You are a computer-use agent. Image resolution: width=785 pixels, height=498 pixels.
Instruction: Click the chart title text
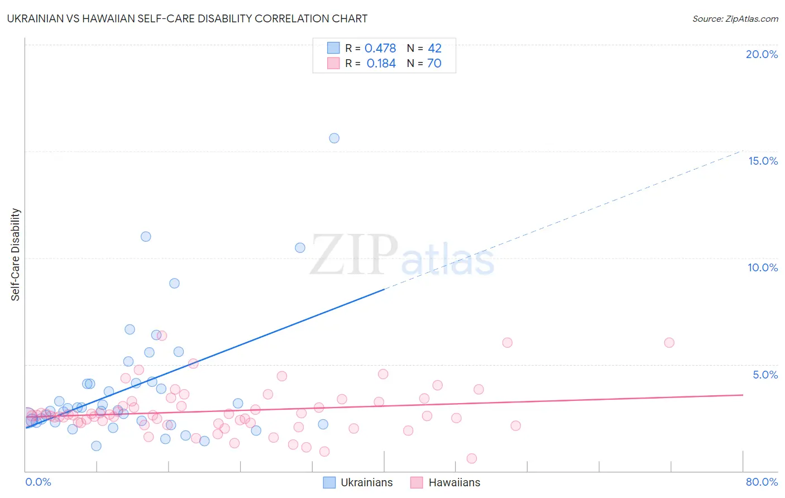pos(187,18)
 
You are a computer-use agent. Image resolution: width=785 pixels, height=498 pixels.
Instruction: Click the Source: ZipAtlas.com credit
pos(735,18)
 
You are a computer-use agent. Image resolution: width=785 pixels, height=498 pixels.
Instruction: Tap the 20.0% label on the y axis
pos(762,54)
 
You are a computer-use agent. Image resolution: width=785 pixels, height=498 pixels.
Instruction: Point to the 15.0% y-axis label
pos(763,161)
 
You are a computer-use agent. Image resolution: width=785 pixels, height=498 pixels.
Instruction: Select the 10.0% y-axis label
pos(763,267)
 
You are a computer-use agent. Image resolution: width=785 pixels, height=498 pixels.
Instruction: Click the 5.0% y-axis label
pos(765,375)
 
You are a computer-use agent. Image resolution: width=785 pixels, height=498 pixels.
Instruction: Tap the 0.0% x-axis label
pos(38,482)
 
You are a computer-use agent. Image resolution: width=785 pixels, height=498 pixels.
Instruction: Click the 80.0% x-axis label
pos(762,482)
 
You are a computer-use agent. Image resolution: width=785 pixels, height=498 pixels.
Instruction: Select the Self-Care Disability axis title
pos(16,255)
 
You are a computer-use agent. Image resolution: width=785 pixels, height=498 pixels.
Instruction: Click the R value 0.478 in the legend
pos(380,49)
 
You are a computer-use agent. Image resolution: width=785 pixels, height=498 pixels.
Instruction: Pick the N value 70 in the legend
pos(434,64)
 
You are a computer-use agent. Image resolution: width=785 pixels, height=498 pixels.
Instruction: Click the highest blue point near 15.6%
pos(334,138)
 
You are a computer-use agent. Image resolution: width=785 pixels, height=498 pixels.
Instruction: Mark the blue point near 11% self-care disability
pos(146,236)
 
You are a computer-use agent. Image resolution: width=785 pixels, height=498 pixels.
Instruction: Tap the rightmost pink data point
pos(669,342)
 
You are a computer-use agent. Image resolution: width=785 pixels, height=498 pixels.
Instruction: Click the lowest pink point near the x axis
pos(471,458)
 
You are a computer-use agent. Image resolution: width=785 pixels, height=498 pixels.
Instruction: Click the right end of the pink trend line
pos(742,395)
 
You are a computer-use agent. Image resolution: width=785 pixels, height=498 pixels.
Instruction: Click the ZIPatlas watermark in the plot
pos(402,256)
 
